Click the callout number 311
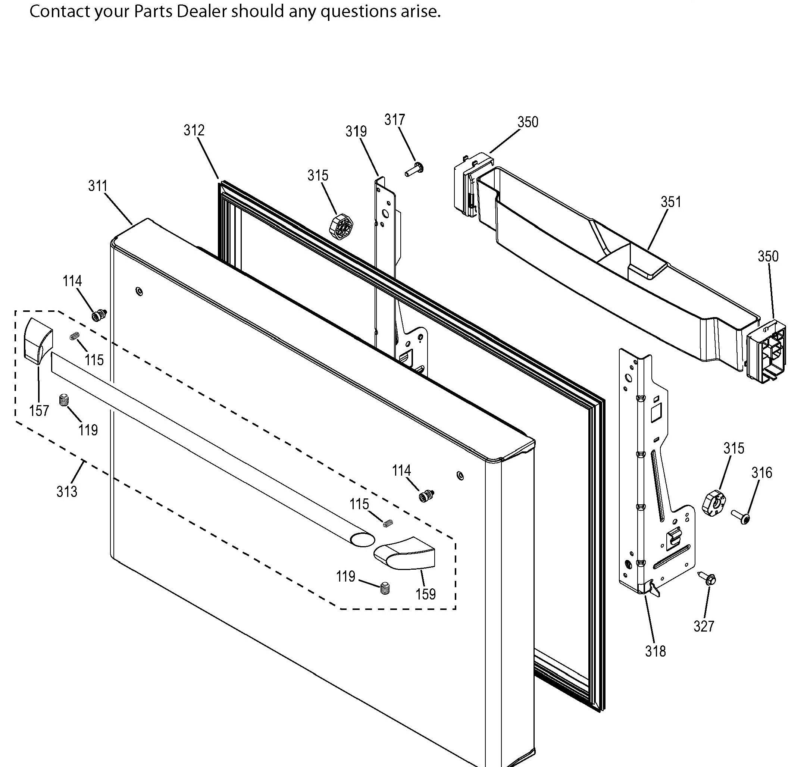click(x=98, y=186)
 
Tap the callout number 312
click(x=194, y=130)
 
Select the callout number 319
click(x=356, y=132)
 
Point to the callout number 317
click(x=394, y=120)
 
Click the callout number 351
click(x=671, y=202)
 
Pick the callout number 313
click(x=67, y=491)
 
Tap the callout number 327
click(x=704, y=626)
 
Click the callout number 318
click(x=655, y=651)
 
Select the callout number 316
click(x=762, y=473)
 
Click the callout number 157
click(x=39, y=411)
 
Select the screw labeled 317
click(x=414, y=169)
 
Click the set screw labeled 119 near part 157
click(x=63, y=400)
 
